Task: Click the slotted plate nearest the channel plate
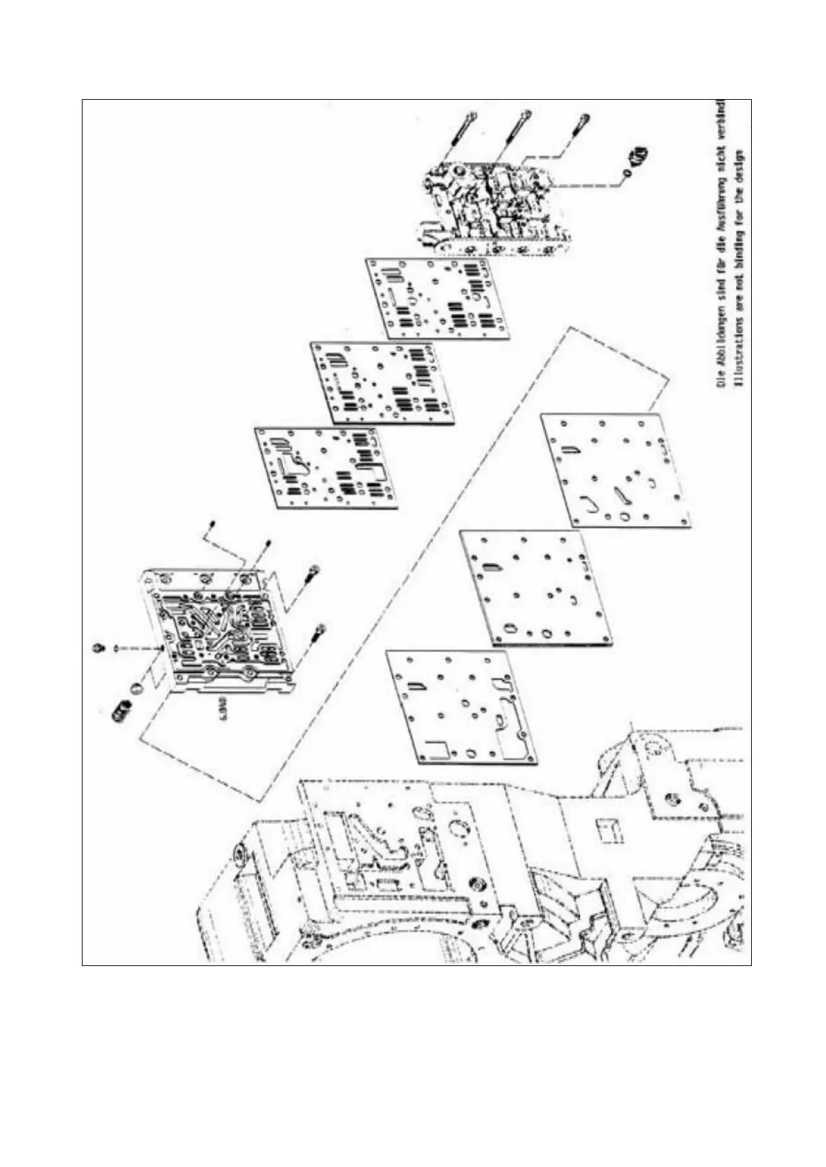[x=326, y=468]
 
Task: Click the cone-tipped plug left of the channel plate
[x=99, y=647]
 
